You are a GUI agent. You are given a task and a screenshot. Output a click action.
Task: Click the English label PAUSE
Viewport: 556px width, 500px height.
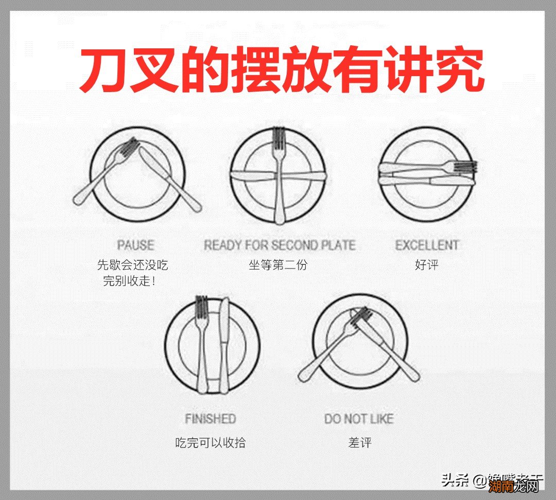pos(135,245)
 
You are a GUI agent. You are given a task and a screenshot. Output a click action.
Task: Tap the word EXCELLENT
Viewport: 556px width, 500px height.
pos(427,245)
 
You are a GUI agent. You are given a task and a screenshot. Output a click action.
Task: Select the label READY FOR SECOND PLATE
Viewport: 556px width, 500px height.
pos(280,245)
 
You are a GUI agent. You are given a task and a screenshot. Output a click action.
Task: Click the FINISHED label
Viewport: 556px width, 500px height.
pos(210,419)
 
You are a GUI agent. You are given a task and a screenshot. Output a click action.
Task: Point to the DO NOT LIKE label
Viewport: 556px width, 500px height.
pos(358,419)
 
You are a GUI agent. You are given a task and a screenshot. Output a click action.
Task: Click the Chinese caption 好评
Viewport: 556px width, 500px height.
pos(427,265)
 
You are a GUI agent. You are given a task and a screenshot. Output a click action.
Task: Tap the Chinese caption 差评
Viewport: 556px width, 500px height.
pos(359,442)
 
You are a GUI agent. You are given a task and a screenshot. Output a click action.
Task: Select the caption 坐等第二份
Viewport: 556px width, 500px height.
pos(278,265)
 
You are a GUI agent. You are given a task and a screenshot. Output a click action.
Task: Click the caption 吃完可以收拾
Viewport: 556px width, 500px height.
pos(210,442)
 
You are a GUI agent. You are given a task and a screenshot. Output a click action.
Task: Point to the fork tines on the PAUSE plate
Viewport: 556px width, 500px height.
pos(131,147)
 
